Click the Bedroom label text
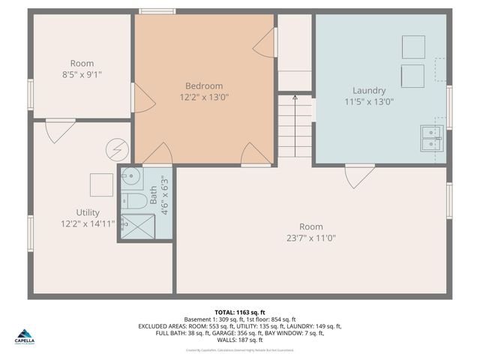point(204,85)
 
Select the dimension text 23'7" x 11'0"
point(311,238)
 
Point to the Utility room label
point(88,212)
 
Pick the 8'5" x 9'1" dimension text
point(82,74)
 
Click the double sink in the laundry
point(431,138)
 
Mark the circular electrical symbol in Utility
point(115,148)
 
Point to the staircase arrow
point(295,97)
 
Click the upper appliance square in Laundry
point(413,46)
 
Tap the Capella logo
point(25,336)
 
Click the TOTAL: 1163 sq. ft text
point(240,311)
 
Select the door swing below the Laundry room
point(359,177)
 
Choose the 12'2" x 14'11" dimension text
point(88,223)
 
